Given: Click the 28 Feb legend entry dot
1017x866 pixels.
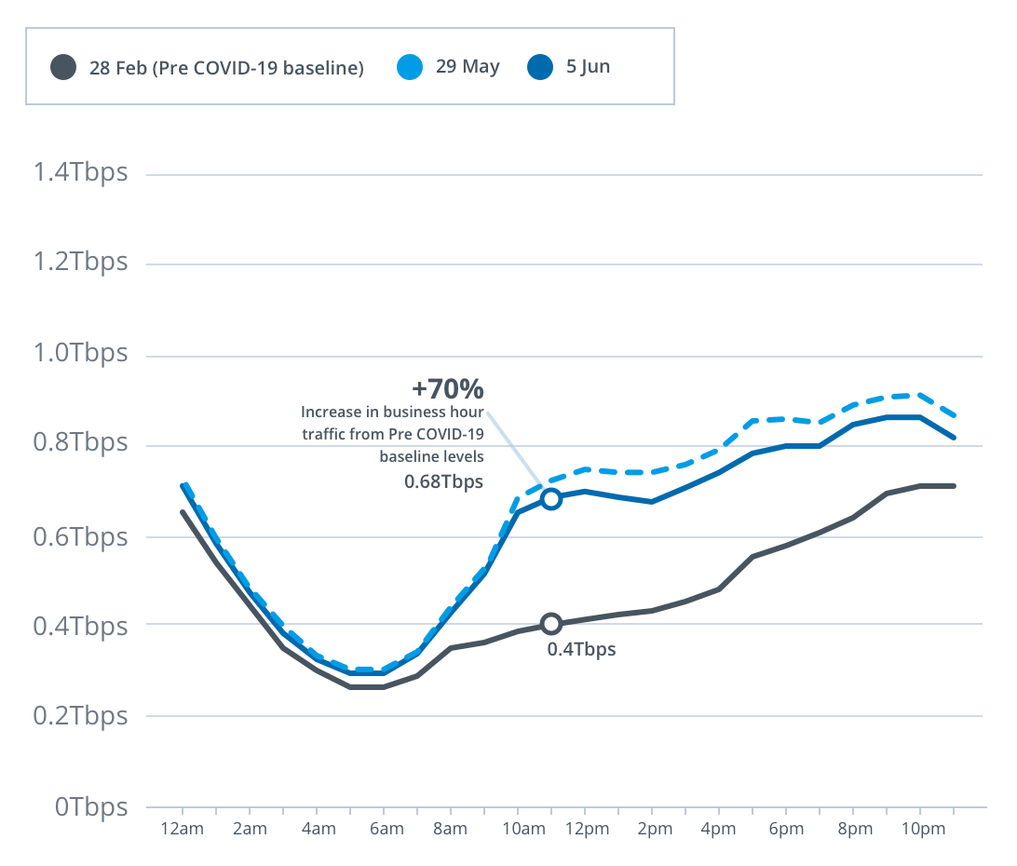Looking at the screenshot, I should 63,68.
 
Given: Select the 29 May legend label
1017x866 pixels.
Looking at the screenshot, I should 467,67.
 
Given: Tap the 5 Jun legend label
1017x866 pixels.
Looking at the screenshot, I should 589,67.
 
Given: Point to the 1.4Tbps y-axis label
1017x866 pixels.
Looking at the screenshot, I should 79,173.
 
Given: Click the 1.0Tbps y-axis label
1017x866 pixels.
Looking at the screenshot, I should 79,355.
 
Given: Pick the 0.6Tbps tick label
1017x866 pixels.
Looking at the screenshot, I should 79,537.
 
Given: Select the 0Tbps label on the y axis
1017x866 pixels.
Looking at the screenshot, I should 90,807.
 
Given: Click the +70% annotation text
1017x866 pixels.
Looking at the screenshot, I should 448,388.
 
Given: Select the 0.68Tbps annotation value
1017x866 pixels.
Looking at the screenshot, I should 443,481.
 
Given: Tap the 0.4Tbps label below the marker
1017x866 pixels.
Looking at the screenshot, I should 581,650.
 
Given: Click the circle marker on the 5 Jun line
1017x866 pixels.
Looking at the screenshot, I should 551,499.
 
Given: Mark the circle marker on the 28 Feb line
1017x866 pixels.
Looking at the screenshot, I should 551,624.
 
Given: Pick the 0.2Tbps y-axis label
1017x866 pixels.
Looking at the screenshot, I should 79,716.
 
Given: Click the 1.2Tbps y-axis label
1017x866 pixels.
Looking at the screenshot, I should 79,263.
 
